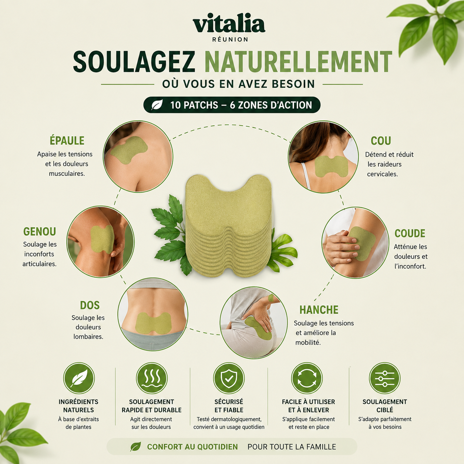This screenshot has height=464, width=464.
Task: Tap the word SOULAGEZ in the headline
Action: click(x=134, y=61)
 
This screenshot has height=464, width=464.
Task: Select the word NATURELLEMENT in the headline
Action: click(x=298, y=61)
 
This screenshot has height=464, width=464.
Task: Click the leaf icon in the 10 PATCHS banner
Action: click(x=157, y=105)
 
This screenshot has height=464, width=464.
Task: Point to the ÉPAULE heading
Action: click(x=67, y=141)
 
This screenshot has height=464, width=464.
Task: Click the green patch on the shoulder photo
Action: click(x=129, y=150)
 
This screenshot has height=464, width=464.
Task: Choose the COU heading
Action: click(x=381, y=141)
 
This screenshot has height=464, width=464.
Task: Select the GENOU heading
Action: click(x=40, y=231)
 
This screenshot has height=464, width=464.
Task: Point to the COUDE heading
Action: click(x=410, y=233)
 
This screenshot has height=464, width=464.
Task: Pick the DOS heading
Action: click(x=90, y=305)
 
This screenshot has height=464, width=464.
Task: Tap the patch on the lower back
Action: click(x=154, y=323)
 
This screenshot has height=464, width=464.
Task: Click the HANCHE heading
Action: click(x=319, y=310)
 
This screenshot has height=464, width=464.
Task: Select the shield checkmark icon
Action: click(x=229, y=379)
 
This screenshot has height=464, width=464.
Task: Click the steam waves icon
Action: click(x=151, y=379)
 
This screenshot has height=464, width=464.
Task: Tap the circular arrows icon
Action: click(x=307, y=379)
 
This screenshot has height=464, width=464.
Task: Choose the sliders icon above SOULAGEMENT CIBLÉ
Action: click(x=384, y=379)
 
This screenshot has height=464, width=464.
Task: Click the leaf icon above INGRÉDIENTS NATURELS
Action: click(x=79, y=379)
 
